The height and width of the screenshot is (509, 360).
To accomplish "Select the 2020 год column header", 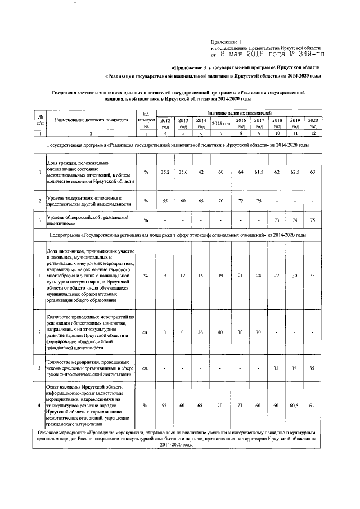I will click(313, 123).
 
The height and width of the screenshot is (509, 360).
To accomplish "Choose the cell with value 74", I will click(295, 219).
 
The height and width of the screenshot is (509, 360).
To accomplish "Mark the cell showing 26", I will click(201, 332).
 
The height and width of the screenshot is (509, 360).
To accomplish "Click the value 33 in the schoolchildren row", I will click(313, 276).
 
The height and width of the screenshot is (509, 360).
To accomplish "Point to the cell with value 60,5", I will click(295, 404).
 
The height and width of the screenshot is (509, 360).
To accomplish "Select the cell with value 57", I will click(165, 404).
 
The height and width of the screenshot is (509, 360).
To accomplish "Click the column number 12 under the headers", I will click(313, 133).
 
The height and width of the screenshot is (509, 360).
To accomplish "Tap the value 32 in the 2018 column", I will click(277, 368).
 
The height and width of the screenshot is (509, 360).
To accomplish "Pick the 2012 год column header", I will click(165, 123).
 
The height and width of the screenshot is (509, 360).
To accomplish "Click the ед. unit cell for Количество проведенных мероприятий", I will click(146, 332).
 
